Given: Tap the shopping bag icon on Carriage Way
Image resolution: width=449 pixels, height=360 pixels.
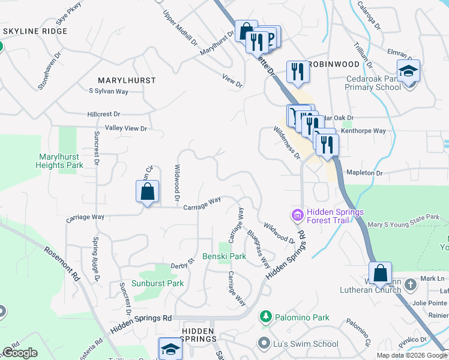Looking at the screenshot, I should (147, 193).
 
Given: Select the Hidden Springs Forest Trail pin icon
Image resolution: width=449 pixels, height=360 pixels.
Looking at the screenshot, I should (297, 214).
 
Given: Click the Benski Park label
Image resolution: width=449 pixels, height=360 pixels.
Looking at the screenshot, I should (224, 256).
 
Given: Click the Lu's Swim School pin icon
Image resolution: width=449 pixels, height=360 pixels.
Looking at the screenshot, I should (263, 344).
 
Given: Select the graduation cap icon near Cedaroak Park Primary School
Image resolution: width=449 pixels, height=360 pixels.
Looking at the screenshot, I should (408, 71).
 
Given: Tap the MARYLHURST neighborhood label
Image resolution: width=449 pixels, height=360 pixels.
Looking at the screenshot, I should (127, 80).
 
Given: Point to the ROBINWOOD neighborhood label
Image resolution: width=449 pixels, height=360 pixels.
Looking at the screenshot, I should (334, 64).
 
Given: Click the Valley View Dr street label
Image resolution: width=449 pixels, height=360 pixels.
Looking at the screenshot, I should (125, 128).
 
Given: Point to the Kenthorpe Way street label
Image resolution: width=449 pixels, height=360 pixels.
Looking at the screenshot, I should (363, 130).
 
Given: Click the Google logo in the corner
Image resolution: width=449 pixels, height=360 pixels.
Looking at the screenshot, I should (20, 353).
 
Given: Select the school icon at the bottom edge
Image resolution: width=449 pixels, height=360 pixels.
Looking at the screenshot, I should (170, 350).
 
